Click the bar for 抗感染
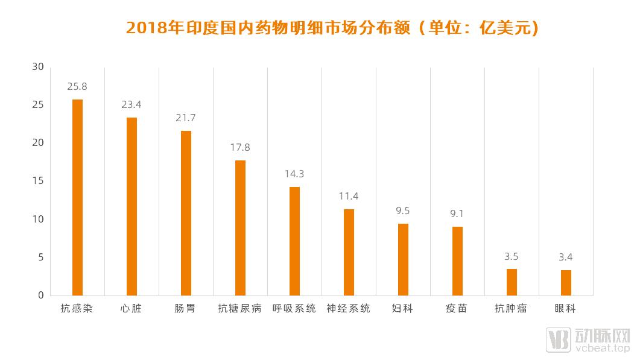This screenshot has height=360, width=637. (77, 197)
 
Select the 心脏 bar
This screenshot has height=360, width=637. (132, 206)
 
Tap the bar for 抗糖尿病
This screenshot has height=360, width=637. (240, 227)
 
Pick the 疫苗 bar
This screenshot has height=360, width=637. (457, 261)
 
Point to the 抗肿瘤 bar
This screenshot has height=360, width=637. (512, 282)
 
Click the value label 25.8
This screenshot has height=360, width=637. (77, 86)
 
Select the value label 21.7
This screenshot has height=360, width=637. (186, 118)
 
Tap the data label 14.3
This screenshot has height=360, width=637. (294, 174)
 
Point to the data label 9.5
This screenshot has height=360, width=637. (403, 210)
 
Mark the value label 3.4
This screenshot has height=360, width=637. (566, 257)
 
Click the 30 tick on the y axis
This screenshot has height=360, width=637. (38, 67)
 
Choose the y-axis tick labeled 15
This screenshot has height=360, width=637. (38, 181)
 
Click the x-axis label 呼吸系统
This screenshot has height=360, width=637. (294, 309)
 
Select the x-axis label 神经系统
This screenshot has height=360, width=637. (349, 309)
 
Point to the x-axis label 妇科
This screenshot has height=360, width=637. (403, 309)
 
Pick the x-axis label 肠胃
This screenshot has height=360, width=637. (186, 309)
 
